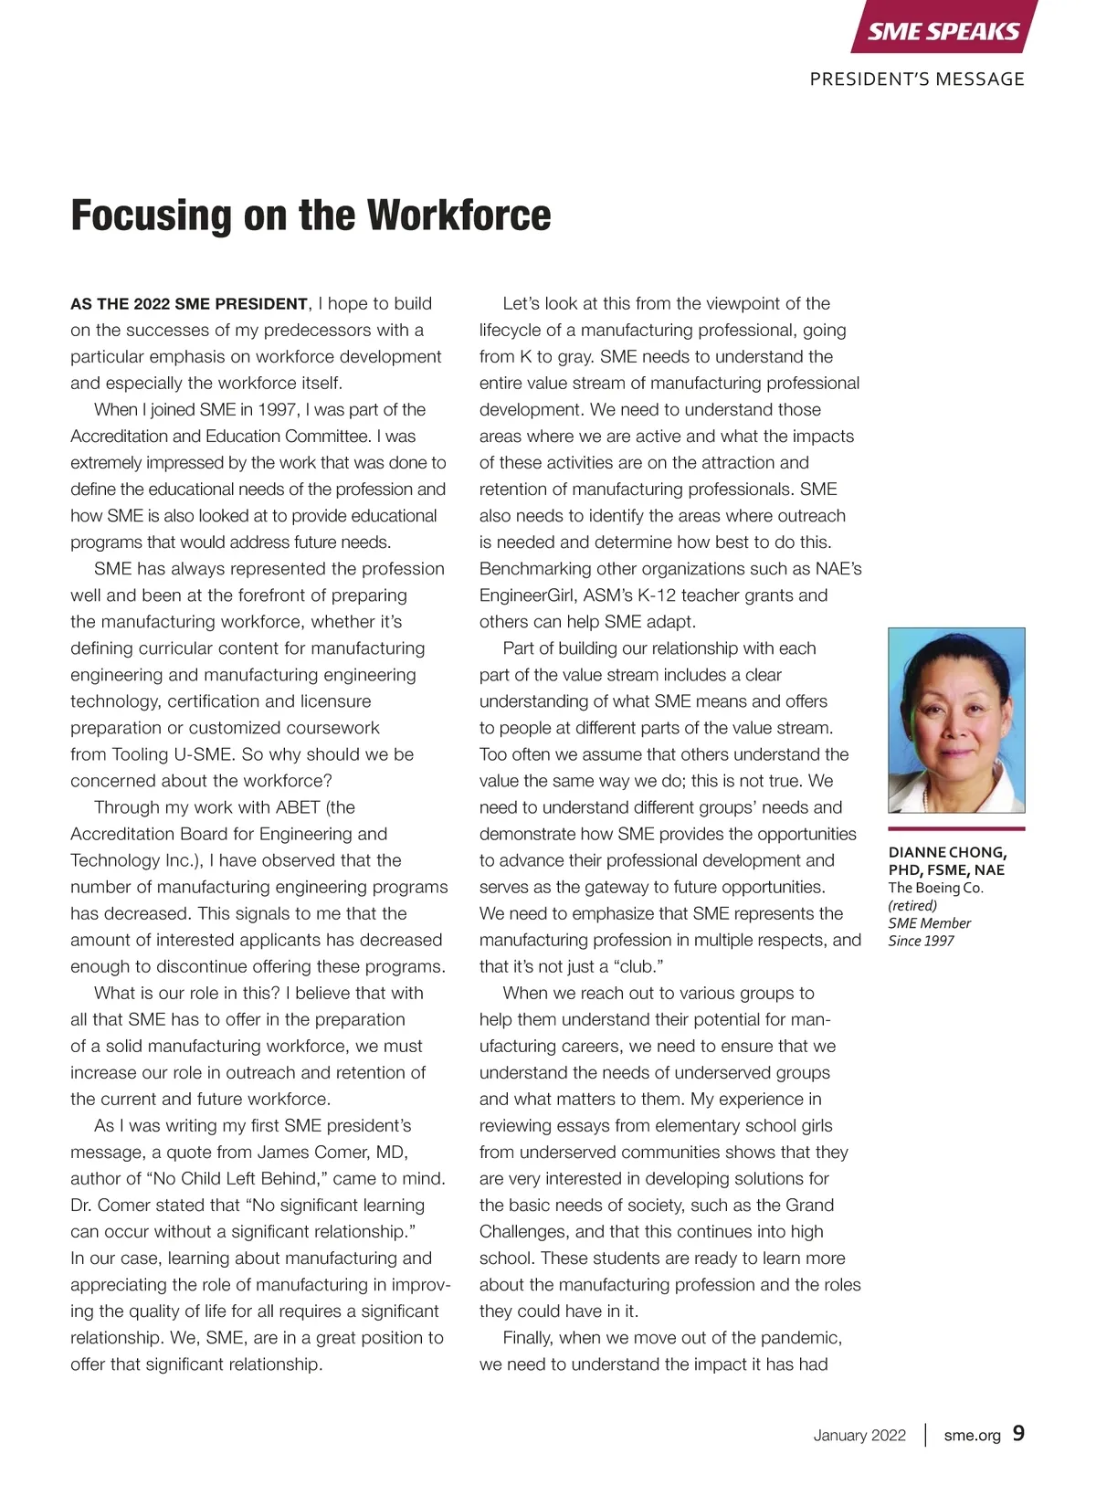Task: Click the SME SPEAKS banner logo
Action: [943, 31]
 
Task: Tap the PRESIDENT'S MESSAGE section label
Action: [917, 79]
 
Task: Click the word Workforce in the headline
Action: [459, 216]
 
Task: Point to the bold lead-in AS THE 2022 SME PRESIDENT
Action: [189, 304]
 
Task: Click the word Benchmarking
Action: [535, 569]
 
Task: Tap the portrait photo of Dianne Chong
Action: [956, 720]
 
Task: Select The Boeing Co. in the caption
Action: [935, 888]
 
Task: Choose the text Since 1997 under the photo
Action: [921, 941]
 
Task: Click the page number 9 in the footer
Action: [1018, 1434]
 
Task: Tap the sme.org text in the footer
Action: [972, 1435]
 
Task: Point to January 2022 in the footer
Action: [859, 1435]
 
